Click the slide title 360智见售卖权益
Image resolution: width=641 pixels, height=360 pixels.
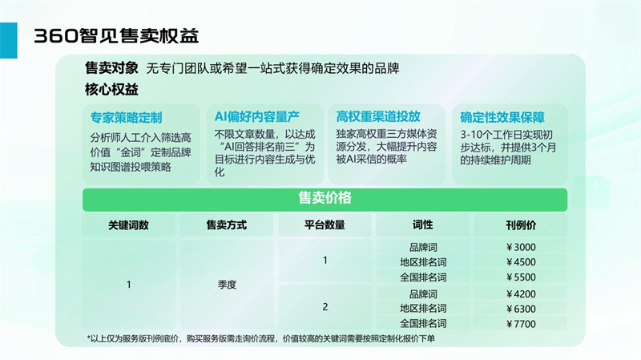tap(116, 36)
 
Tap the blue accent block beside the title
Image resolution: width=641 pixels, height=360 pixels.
tap(9, 40)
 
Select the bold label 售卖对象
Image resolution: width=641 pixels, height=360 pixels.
tap(111, 68)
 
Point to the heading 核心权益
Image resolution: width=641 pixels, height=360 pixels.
tap(111, 89)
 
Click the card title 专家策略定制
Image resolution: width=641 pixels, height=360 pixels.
tap(127, 118)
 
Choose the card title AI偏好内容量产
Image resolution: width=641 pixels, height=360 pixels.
tap(256, 117)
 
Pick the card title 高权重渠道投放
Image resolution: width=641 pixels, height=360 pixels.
tap(378, 116)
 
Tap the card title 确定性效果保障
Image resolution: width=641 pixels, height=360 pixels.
tap(502, 117)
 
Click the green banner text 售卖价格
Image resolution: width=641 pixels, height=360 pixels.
tap(325, 198)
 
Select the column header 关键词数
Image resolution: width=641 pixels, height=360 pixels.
tap(128, 225)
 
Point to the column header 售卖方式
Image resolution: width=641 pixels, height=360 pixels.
tap(227, 225)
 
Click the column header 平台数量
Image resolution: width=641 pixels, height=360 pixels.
tap(325, 225)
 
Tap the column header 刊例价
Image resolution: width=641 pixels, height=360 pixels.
tap(521, 225)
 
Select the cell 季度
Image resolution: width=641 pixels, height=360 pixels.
tap(227, 285)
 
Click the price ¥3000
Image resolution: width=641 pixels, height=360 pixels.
tap(521, 247)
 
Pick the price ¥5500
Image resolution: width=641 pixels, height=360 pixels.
tap(521, 277)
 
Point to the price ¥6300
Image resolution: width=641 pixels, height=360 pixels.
tap(521, 309)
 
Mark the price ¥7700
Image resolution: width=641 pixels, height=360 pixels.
tap(521, 324)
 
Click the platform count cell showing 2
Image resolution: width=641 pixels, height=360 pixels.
tap(325, 307)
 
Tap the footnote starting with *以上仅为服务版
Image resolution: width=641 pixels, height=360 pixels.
tap(261, 338)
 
